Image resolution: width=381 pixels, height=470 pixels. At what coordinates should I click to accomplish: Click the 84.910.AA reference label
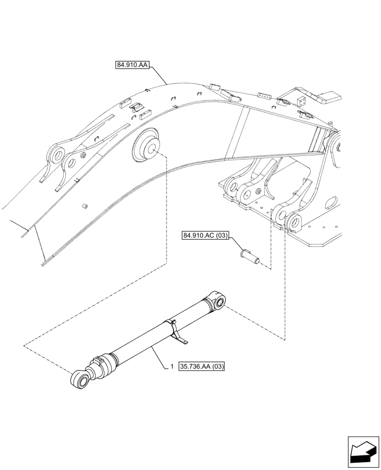(x=132, y=65)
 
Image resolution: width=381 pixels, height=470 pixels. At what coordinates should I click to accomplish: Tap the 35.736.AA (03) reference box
(x=202, y=366)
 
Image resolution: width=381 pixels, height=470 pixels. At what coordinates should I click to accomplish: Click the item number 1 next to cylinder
(x=173, y=366)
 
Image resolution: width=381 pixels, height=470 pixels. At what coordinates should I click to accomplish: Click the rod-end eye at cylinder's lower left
(x=78, y=379)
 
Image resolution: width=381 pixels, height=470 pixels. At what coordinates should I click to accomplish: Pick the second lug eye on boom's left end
(x=71, y=163)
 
